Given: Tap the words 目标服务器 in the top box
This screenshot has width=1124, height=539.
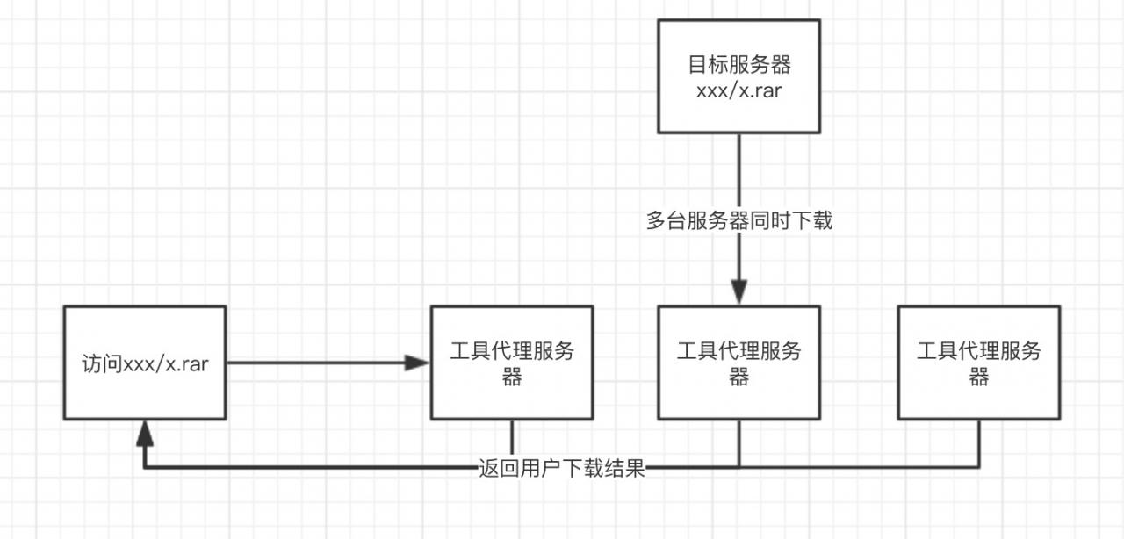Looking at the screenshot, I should pos(739,65).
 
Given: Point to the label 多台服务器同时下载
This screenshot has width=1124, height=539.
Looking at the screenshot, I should pos(739,221).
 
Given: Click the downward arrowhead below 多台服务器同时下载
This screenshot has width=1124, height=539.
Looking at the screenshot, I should pos(739,291).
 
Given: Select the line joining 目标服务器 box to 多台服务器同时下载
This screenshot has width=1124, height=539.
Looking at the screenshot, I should pos(739,171).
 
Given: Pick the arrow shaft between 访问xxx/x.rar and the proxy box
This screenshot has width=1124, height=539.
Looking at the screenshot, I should pos(316,363).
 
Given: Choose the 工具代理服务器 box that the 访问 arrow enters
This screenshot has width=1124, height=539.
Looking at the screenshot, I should pos(512,363).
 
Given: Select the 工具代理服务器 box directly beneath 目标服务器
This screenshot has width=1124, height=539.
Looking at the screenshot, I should pos(739,363).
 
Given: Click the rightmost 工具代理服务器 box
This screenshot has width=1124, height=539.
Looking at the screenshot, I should pos(978,363).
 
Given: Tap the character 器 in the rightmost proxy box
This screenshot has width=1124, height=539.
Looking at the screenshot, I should pos(978,377).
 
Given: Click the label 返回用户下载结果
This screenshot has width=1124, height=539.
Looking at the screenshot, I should pos(563,468).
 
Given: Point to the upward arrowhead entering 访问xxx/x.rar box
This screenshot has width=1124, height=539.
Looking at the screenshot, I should pos(145,430).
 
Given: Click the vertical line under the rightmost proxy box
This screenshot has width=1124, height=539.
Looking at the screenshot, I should pos(978,443).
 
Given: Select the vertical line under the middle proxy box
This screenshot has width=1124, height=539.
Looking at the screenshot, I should pos(739,443).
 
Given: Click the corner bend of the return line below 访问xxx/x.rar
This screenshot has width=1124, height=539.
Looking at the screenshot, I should pos(145,467).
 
